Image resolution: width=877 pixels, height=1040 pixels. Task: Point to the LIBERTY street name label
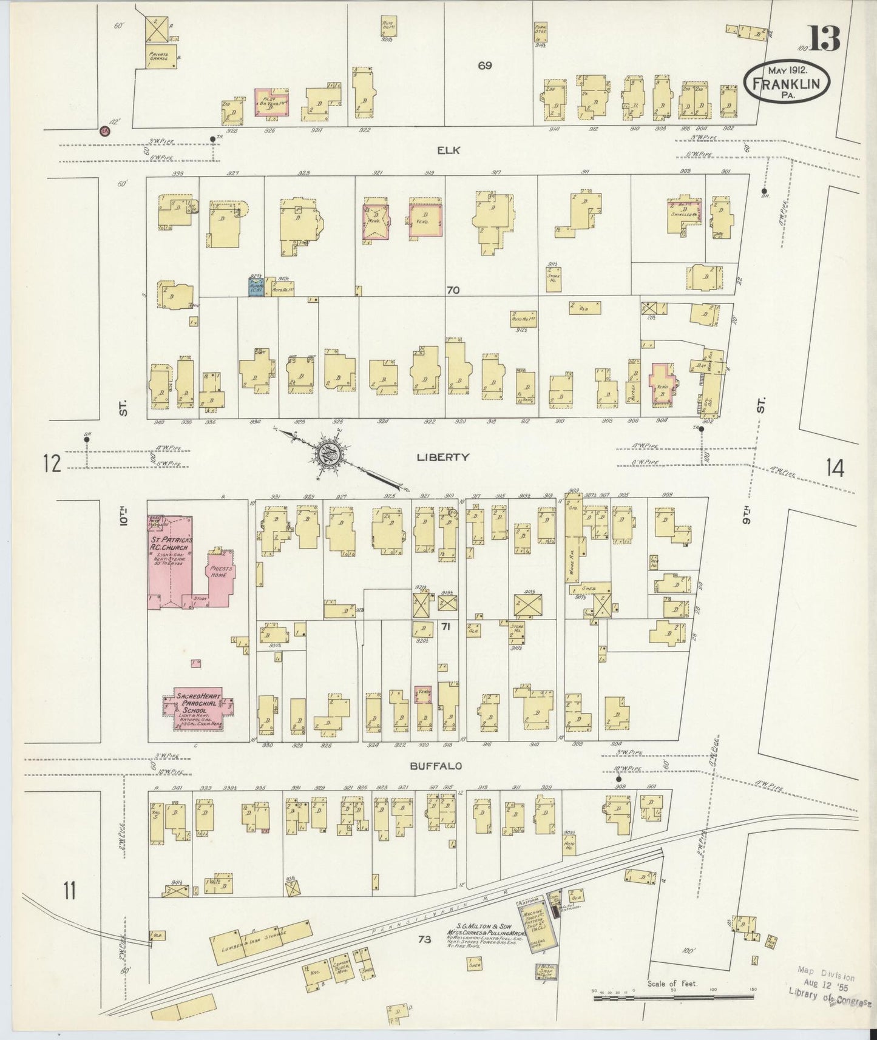442,457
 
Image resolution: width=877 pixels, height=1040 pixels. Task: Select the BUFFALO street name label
436,766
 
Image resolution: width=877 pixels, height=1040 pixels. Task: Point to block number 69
484,66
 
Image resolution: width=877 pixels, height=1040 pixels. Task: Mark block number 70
452,291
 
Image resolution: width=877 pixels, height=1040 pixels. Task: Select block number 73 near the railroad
424,956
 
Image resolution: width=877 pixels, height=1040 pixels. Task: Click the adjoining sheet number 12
52,464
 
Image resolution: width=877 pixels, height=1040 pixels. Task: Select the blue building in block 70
255,286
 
